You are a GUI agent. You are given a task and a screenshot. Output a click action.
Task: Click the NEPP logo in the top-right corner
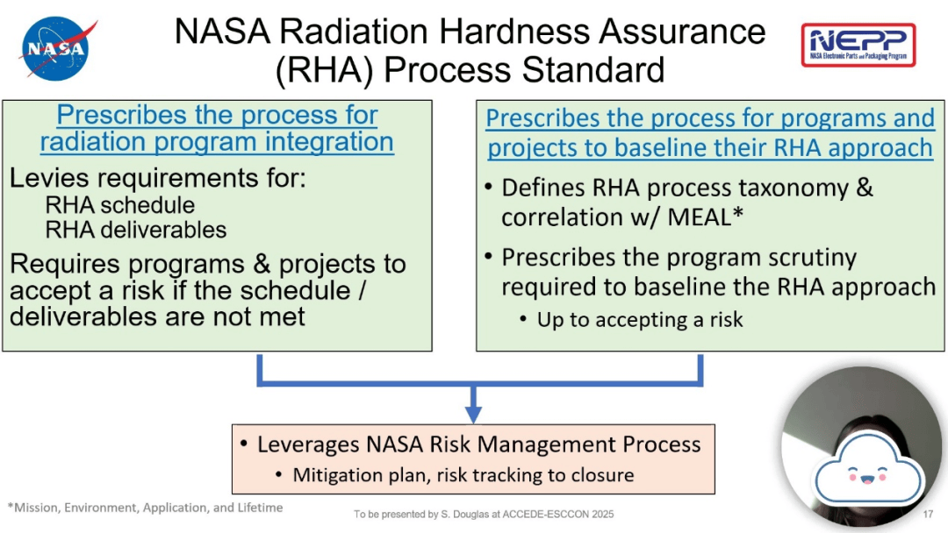click(858, 45)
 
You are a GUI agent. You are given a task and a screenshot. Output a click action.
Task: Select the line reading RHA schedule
click(120, 206)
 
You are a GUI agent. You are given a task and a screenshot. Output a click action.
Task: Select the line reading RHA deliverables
click(136, 231)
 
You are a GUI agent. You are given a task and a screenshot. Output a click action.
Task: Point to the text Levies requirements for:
click(157, 179)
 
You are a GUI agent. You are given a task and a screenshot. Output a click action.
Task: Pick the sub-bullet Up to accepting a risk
click(640, 320)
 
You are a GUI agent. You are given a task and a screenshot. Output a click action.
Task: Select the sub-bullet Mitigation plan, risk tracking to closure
click(463, 475)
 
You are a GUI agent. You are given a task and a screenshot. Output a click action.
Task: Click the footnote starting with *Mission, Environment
click(145, 508)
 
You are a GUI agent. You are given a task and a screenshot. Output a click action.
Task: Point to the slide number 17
click(928, 514)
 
